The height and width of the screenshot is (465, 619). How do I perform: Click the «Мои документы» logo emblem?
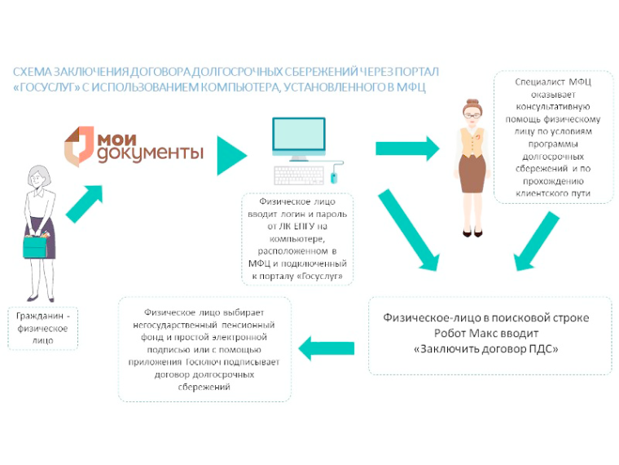click(x=79, y=146)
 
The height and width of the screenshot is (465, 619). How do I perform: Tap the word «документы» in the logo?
click(x=151, y=154)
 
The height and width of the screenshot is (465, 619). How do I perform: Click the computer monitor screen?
click(x=299, y=134)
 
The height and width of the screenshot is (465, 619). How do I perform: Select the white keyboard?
click(x=299, y=175)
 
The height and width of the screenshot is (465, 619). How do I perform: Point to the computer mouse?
click(x=334, y=178)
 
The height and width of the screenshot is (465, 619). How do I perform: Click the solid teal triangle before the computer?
click(x=231, y=155)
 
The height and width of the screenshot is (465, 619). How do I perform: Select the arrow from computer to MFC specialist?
click(x=407, y=148)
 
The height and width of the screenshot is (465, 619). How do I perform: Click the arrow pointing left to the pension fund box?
click(x=327, y=348)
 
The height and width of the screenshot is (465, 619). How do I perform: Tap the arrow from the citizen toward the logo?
click(x=84, y=204)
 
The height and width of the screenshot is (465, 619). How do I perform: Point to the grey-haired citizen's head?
click(x=39, y=178)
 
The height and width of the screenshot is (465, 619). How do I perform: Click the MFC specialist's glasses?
click(x=472, y=116)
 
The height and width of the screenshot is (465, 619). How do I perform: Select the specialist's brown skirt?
click(x=472, y=174)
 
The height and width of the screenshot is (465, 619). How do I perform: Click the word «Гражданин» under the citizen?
click(x=40, y=316)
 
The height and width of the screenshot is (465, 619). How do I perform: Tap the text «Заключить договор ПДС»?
click(x=486, y=349)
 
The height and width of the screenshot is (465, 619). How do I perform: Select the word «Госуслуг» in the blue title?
click(x=46, y=87)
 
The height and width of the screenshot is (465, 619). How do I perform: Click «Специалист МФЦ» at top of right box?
click(x=553, y=82)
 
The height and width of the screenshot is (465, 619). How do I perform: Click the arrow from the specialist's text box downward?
click(x=537, y=241)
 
